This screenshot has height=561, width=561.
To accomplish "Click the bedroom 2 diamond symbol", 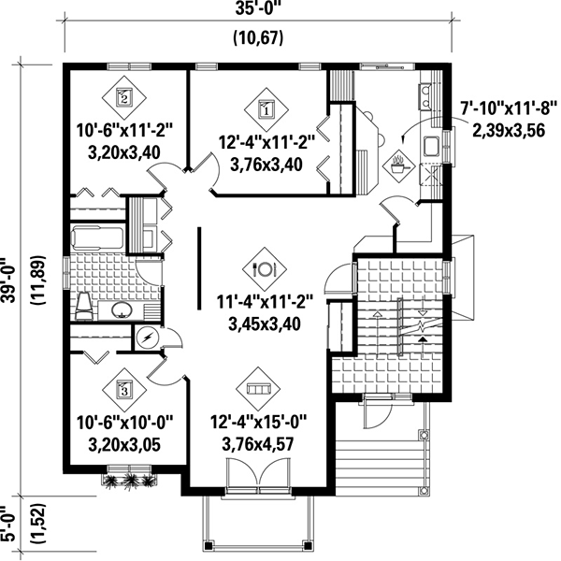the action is [124, 97].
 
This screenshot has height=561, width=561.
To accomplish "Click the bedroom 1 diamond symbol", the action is [266, 109].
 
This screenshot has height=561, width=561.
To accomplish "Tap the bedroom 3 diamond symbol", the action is [124, 390].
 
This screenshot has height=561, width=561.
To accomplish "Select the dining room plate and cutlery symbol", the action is [265, 269].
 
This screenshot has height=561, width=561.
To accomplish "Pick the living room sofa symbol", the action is [258, 389].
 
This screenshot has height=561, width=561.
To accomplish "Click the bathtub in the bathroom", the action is [97, 237].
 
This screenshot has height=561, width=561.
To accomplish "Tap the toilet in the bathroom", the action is [84, 307].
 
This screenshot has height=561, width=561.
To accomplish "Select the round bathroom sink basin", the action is [122, 309].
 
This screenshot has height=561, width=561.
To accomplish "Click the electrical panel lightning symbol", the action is [147, 338].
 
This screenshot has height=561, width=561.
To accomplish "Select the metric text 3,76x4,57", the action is [258, 444].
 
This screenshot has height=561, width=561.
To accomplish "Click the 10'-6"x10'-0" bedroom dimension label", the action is [125, 423].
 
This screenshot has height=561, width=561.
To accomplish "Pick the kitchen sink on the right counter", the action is [432, 146].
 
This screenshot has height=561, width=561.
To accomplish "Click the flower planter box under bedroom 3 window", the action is [129, 481].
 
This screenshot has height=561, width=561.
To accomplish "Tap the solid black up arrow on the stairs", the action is [424, 339].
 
